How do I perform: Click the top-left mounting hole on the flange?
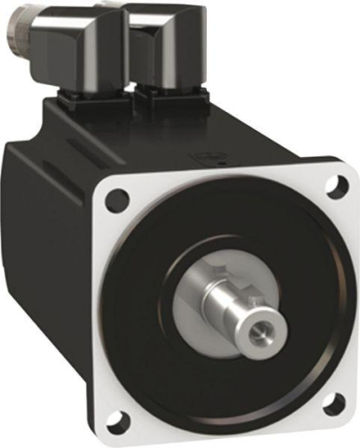(x=116, y=200)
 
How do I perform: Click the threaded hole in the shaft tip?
(x=261, y=334)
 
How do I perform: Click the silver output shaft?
(x=246, y=314)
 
